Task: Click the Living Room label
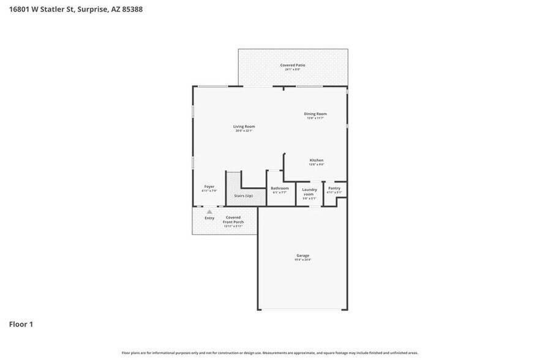(244, 126)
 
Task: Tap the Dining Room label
(315, 113)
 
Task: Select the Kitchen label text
(316, 160)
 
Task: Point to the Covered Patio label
(293, 65)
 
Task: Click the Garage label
(302, 255)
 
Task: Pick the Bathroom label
(279, 188)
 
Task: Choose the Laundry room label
(309, 192)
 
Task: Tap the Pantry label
(334, 188)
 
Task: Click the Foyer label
(209, 186)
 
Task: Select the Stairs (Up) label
(243, 196)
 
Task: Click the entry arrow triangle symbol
(209, 212)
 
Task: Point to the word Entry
(209, 218)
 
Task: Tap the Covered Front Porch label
(233, 219)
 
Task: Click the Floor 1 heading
(21, 324)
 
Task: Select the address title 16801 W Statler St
(76, 9)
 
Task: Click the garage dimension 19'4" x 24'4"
(302, 260)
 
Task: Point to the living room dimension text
(244, 131)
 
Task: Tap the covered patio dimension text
(293, 69)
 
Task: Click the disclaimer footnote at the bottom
(269, 353)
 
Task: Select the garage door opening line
(302, 309)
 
